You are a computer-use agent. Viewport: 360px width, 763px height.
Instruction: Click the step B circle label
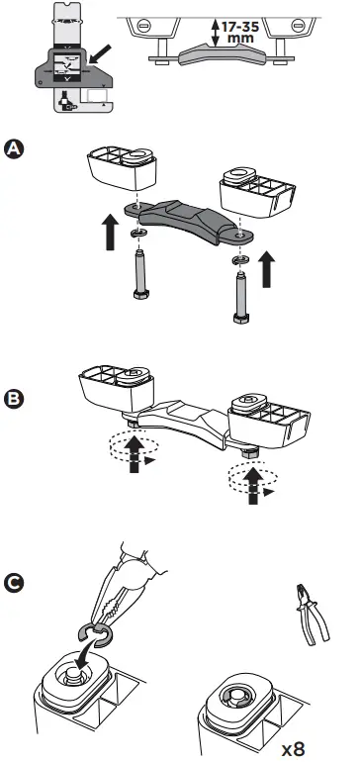pos(15,400)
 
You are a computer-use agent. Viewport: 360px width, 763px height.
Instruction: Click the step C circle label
pos(15,583)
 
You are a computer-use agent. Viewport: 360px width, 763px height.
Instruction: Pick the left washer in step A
pos(135,234)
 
